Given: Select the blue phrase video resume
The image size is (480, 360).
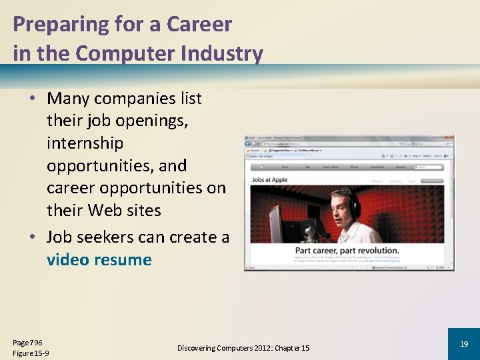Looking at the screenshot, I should tap(99, 260).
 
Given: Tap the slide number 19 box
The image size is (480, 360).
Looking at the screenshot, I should tap(463, 344).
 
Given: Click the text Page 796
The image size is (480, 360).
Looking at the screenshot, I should tap(27, 342).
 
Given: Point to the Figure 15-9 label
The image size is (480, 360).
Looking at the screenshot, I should tap(31, 353).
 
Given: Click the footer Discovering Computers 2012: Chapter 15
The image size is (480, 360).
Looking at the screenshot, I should tap(243, 348).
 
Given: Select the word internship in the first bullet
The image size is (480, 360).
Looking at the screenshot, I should tap(85, 143).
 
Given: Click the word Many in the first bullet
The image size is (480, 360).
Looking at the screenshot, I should tap(69, 99).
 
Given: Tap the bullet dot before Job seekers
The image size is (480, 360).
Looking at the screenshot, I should tap(32, 237).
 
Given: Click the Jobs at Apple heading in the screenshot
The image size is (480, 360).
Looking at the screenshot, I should tap(271, 179).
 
